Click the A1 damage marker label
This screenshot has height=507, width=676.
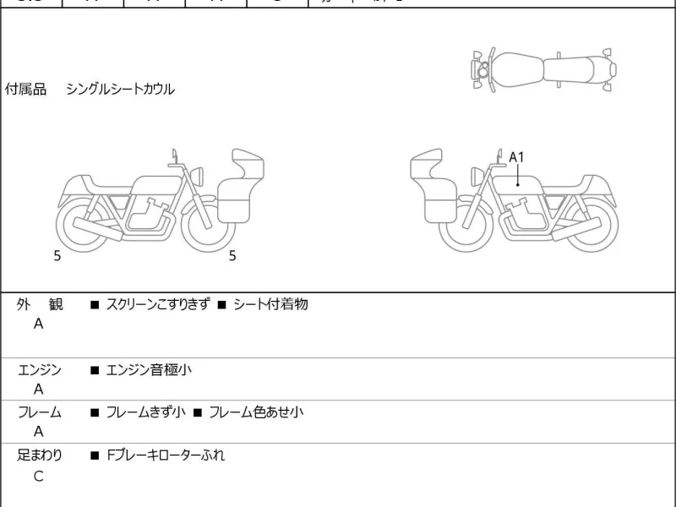516,157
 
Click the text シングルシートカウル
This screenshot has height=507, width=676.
120,90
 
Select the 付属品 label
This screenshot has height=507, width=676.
25,90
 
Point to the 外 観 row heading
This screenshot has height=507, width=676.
39,304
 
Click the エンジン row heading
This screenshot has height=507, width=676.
39,369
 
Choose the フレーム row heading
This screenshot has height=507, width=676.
39,412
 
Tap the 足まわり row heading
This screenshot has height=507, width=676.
39,455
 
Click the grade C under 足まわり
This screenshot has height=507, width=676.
38,476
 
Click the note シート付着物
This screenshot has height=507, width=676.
270,304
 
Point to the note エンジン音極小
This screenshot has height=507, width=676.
149,369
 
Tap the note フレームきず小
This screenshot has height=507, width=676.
144,412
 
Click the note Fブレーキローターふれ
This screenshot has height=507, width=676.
166,455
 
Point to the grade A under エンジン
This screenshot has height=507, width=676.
38,390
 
